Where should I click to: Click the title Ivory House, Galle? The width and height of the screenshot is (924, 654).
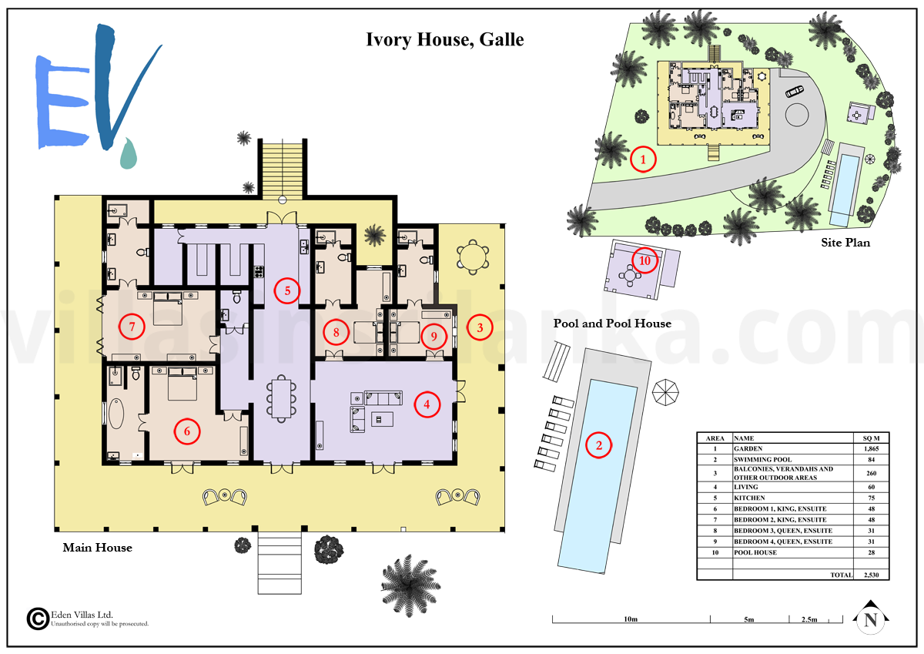[445, 40]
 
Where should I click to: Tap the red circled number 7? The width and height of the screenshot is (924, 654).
[132, 327]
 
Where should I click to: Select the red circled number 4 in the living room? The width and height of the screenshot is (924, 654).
[427, 404]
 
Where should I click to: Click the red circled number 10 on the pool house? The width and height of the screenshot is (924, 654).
[644, 260]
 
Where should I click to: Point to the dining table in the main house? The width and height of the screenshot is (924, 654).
[281, 398]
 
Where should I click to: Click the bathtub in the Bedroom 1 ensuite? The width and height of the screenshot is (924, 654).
[116, 414]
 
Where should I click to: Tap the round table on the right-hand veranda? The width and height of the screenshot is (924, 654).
[473, 257]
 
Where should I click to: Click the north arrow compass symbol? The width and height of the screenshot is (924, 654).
[870, 617]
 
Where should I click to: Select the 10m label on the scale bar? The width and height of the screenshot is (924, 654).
[631, 619]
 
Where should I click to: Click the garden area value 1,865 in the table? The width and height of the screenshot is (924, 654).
[871, 448]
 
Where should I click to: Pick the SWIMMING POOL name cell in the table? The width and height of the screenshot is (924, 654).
[763, 459]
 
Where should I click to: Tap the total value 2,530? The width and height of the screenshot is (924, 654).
[871, 575]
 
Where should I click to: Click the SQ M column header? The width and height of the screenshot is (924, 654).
[871, 438]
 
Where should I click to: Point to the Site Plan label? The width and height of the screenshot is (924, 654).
[845, 243]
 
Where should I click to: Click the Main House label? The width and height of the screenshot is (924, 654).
[97, 548]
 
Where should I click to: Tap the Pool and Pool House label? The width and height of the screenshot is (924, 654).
[612, 324]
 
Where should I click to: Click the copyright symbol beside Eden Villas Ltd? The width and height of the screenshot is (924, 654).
[38, 619]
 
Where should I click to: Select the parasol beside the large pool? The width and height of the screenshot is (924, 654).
[665, 392]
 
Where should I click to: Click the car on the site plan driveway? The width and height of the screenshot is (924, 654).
[794, 92]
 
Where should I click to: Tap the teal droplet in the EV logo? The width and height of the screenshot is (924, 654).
[129, 153]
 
